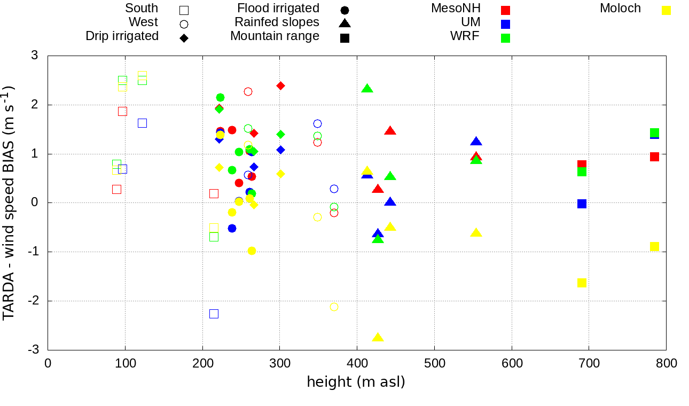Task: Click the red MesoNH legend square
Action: (506, 10)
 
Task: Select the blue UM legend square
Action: (506, 24)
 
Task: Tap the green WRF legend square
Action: (506, 38)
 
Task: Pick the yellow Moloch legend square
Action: (666, 10)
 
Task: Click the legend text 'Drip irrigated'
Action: (122, 36)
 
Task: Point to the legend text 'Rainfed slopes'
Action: (277, 22)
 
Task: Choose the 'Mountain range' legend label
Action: (275, 36)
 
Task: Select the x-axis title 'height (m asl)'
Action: (356, 382)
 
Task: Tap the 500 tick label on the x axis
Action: (434, 364)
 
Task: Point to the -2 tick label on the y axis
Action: (33, 301)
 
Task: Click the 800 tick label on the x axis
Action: (666, 364)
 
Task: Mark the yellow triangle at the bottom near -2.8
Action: (378, 338)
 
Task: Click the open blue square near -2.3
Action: (214, 314)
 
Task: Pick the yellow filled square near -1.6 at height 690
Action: (582, 283)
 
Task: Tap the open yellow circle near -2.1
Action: (334, 307)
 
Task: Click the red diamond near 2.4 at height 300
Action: (280, 85)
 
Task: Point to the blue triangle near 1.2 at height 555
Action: (476, 142)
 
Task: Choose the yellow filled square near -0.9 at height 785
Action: (654, 246)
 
